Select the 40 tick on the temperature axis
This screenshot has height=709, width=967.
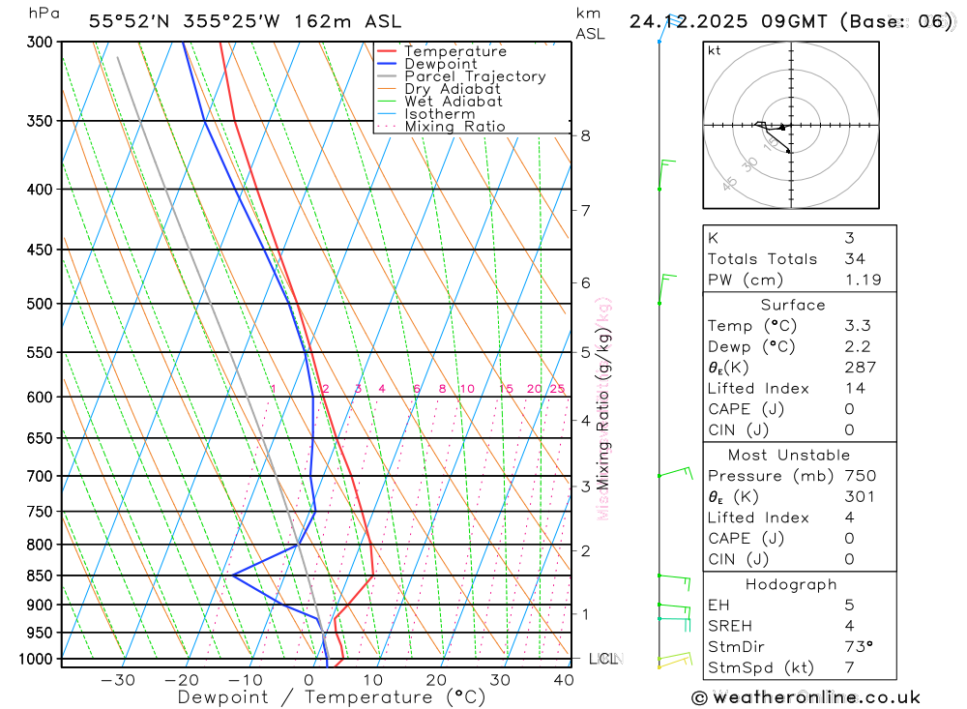563,680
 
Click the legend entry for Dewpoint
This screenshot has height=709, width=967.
440,64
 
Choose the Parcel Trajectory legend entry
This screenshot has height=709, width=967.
475,76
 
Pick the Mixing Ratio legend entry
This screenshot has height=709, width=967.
454,127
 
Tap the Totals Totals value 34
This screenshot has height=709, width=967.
855,258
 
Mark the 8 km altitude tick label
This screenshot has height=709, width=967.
585,135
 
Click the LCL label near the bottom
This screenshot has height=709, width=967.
602,659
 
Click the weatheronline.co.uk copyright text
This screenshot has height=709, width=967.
806,697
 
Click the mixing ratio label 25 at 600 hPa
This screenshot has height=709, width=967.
557,389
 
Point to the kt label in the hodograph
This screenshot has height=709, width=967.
715,50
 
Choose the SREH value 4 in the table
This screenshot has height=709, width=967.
849,626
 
